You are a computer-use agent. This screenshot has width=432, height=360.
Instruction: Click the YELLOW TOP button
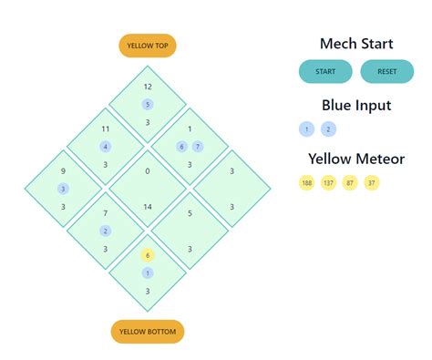148,46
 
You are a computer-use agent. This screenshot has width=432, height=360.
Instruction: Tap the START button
325,71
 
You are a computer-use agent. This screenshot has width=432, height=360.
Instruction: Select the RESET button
387,71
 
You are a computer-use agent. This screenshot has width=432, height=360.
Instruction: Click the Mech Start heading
355,44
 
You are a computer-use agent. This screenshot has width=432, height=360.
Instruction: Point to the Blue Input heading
355,105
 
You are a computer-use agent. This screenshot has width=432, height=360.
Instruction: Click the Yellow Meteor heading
355,159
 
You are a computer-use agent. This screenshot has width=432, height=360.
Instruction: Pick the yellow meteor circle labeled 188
306,183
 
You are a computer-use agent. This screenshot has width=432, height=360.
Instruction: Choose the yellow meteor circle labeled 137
328,183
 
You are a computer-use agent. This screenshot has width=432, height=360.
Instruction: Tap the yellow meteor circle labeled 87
350,183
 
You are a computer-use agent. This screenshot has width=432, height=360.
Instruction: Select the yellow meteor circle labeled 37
371,183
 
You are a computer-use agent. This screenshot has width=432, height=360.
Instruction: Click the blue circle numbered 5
148,104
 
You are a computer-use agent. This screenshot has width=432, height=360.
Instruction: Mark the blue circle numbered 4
106,146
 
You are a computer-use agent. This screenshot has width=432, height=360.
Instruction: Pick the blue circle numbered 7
198,146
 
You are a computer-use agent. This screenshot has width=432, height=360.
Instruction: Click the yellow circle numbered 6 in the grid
148,255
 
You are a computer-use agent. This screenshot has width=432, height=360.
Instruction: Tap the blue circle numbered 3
63,189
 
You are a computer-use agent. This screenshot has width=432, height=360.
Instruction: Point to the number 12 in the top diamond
148,87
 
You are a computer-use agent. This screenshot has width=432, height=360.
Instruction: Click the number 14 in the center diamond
148,207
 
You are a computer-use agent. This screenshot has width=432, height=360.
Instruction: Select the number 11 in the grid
106,129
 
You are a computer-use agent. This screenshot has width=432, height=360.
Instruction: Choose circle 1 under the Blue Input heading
306,129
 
